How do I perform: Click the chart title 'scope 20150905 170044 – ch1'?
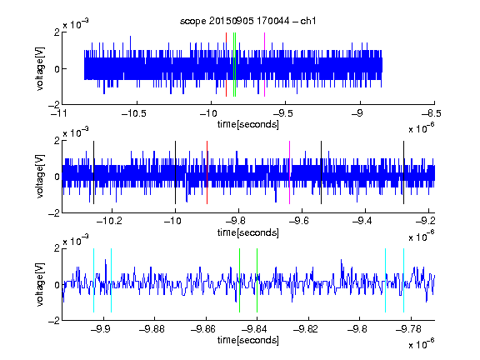pyautogui.click(x=247, y=21)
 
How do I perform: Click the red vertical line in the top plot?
pyautogui.click(x=226, y=65)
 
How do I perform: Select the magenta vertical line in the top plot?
pyautogui.click(x=264, y=65)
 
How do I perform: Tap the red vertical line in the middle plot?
pyautogui.click(x=207, y=172)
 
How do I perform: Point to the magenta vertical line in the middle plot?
pyautogui.click(x=290, y=172)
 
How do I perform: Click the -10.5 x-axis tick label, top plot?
pyautogui.click(x=134, y=114)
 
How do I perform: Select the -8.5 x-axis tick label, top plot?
pyautogui.click(x=432, y=114)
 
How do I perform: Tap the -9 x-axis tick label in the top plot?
pyautogui.click(x=357, y=114)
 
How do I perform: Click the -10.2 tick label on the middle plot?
pyautogui.click(x=109, y=221)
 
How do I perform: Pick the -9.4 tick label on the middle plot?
pyautogui.click(x=362, y=221)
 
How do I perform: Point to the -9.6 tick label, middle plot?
pyautogui.click(x=299, y=221)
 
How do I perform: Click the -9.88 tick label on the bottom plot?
pyautogui.click(x=152, y=329)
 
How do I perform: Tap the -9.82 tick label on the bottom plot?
pyautogui.click(x=306, y=329)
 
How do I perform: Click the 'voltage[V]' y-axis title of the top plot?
pyautogui.click(x=40, y=69)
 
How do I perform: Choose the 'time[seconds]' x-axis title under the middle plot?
pyautogui.click(x=248, y=232)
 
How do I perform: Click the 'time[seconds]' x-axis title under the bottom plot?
pyautogui.click(x=248, y=340)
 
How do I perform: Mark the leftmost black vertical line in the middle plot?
pyautogui.click(x=93, y=172)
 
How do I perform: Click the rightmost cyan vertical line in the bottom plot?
pyautogui.click(x=403, y=280)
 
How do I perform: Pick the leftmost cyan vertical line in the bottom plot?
pyautogui.click(x=93, y=280)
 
